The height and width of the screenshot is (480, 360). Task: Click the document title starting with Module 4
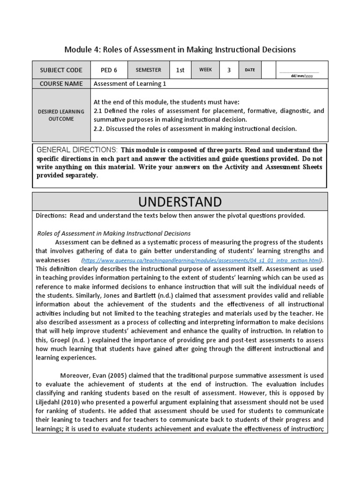tap(180, 49)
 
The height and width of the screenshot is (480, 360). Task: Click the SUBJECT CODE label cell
tap(61, 70)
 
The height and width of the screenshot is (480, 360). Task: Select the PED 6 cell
tap(109, 70)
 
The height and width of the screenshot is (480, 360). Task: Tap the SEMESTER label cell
tap(148, 70)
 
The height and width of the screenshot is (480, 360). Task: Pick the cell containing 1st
tap(180, 70)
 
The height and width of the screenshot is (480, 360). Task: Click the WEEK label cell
tap(205, 70)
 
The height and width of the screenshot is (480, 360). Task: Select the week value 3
tap(229, 70)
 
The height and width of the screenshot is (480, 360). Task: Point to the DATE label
tap(250, 70)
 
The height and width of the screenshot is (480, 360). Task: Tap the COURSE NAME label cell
tap(61, 84)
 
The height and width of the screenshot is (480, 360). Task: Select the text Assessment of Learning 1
tap(130, 84)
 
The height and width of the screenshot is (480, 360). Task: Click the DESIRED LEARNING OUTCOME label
tap(61, 115)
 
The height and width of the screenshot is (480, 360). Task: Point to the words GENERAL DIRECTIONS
tap(77, 150)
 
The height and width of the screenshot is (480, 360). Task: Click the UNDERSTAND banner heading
tap(180, 202)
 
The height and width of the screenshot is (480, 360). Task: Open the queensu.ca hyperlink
tap(202, 260)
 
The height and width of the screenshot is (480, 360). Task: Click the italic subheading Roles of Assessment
tap(113, 233)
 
